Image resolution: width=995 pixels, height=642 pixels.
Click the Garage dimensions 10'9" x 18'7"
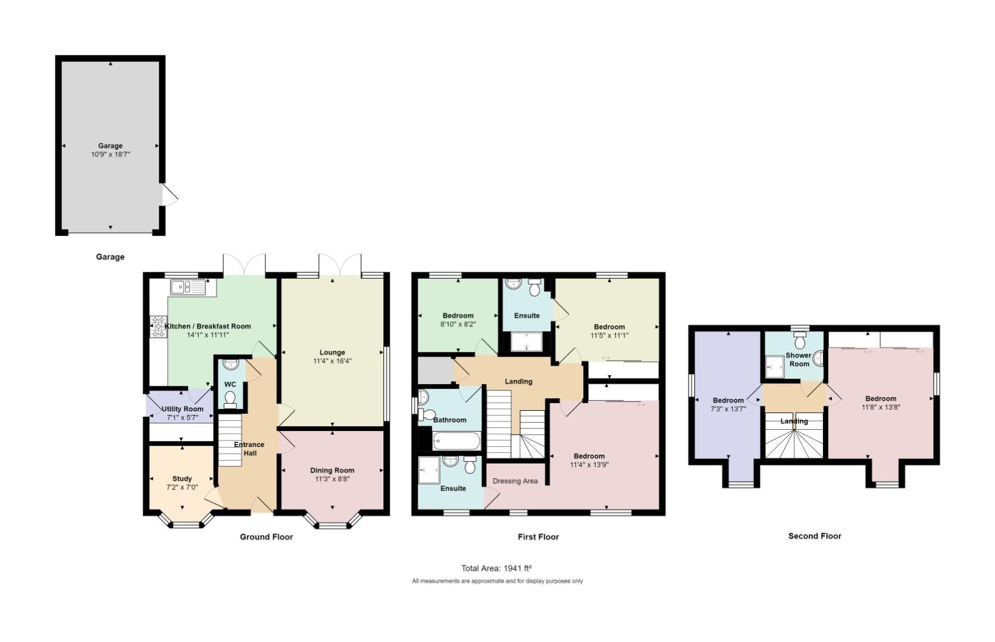110,155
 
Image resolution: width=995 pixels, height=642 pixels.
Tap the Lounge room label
332,353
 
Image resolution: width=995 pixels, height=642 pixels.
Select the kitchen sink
187,288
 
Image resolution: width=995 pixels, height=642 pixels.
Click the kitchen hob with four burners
159,327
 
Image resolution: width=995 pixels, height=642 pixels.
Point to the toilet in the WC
230,399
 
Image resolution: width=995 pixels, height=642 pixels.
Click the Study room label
182,479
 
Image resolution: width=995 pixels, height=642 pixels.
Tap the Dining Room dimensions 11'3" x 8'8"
332,479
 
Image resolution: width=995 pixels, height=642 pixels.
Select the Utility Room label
182,409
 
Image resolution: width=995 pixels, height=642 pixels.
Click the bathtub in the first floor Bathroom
456,441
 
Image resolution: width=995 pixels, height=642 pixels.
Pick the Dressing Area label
515,481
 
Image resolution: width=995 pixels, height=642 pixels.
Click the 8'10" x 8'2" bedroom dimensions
458,325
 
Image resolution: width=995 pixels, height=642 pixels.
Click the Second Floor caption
815,536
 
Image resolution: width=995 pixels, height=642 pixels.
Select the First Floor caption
538,537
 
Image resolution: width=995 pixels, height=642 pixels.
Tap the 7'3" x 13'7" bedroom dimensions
728,409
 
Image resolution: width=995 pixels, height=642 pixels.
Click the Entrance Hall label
249,449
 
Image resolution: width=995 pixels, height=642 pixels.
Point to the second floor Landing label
794,421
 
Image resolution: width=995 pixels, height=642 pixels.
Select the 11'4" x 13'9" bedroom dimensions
589,465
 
